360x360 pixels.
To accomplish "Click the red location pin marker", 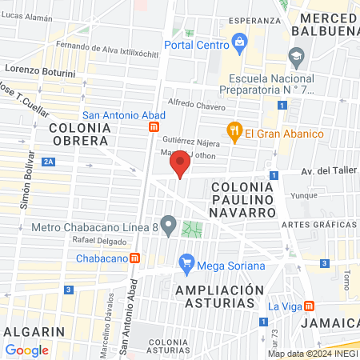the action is [x=180, y=166].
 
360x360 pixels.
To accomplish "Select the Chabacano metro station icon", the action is [x=137, y=258].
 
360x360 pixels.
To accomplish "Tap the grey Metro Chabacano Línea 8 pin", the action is [x=168, y=226].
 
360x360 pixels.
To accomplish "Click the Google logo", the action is [x=27, y=350].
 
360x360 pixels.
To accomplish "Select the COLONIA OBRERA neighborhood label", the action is [x=78, y=134].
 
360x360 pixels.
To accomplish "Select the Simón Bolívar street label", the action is [x=25, y=180].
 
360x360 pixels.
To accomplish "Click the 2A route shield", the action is [x=50, y=162].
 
